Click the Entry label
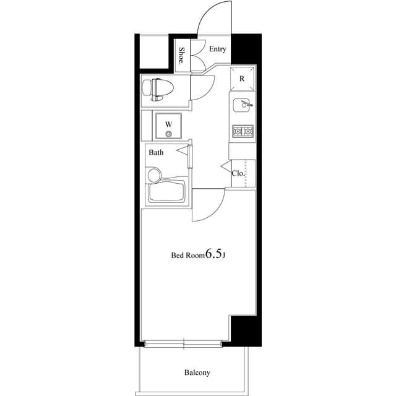click(x=217, y=49)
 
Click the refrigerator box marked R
click(x=242, y=79)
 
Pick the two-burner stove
click(x=242, y=131)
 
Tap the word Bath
click(x=156, y=152)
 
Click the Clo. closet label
click(x=238, y=173)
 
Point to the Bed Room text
click(x=187, y=255)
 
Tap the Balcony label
click(x=197, y=372)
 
